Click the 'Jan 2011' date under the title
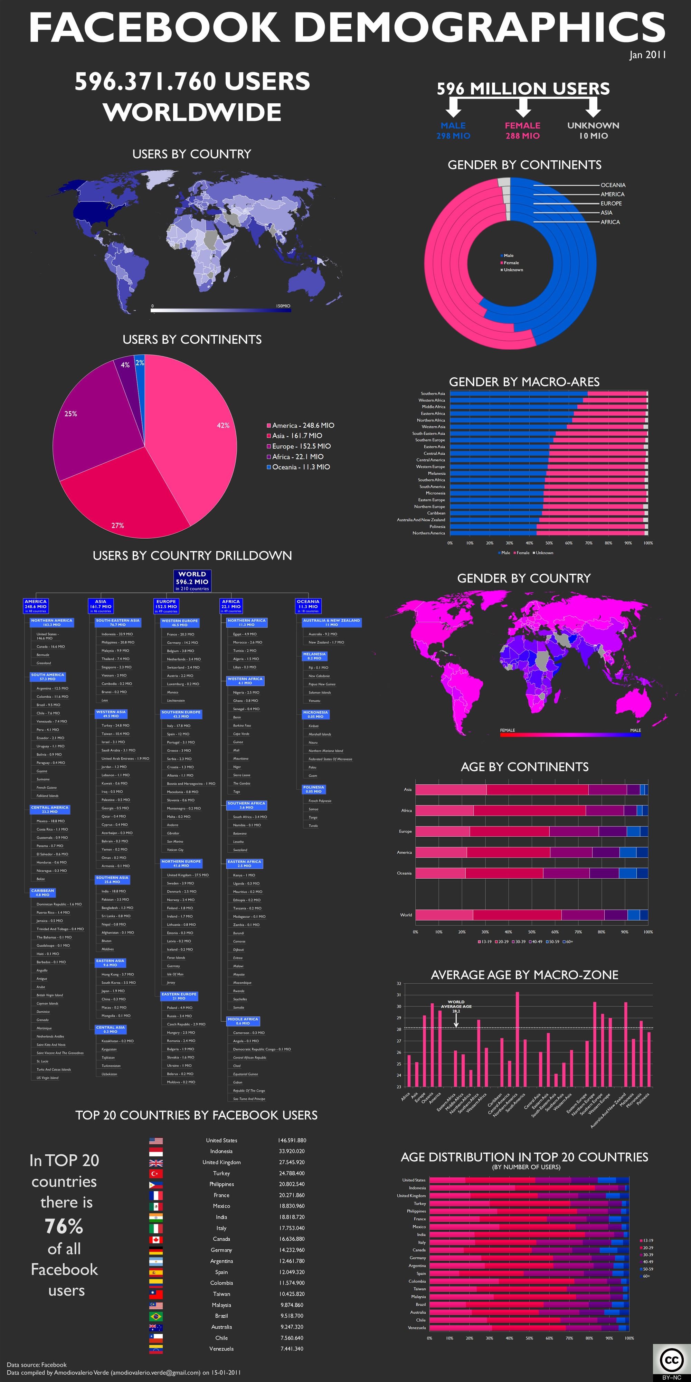tap(647, 55)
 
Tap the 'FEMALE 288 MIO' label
tap(522, 130)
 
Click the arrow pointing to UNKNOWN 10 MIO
tap(593, 107)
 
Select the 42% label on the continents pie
tap(223, 425)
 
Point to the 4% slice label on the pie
tap(125, 365)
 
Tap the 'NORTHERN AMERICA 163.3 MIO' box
tap(51, 622)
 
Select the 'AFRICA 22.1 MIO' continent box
tap(231, 606)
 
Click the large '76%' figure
tap(64, 1227)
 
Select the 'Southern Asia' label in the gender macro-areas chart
tap(433, 394)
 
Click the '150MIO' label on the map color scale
tap(283, 306)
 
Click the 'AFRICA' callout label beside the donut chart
tap(610, 222)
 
